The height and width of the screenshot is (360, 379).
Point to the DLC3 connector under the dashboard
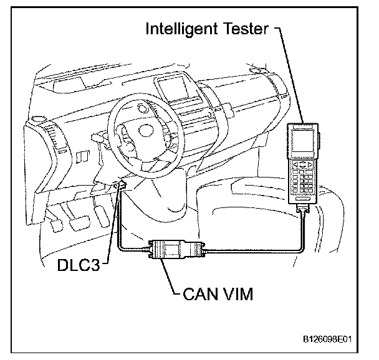coord(122,184)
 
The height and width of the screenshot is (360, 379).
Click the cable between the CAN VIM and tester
coord(249,250)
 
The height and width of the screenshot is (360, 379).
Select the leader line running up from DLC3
coord(114,224)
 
